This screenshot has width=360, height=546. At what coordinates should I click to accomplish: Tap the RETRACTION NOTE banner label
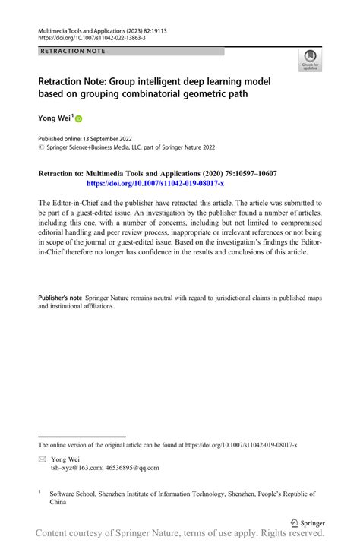pyautogui.click(x=70, y=52)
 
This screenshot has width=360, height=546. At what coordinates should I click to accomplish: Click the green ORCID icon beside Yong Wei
pyautogui.click(x=78, y=118)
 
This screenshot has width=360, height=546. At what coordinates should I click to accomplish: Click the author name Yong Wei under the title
pyautogui.click(x=53, y=118)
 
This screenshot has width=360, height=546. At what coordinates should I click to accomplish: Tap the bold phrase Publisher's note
pyautogui.click(x=62, y=298)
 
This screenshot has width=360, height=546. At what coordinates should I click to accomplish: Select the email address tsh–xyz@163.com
pyautogui.click(x=74, y=469)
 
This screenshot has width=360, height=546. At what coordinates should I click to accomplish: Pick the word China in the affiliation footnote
pyautogui.click(x=58, y=503)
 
